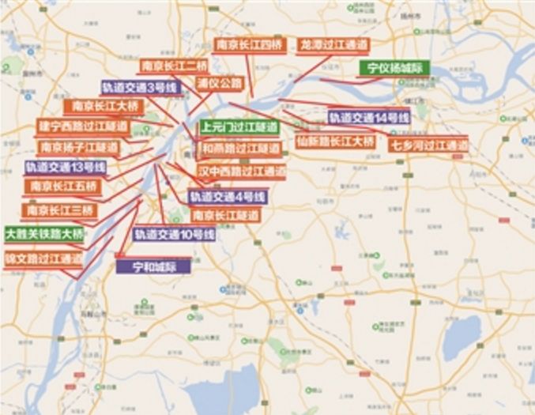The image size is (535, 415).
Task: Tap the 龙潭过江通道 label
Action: (x=333, y=44)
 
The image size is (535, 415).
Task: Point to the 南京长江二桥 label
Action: (x=175, y=66)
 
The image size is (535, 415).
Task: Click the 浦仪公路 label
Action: (x=220, y=81)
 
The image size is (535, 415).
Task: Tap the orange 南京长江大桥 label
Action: (x=105, y=106)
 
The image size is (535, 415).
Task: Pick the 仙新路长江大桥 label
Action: (x=336, y=142)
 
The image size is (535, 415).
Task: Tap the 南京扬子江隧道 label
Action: (x=78, y=147)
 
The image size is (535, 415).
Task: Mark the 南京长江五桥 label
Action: (x=63, y=187)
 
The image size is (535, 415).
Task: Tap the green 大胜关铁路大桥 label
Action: (x=44, y=234)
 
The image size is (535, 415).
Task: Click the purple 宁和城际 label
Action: (x=153, y=266)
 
